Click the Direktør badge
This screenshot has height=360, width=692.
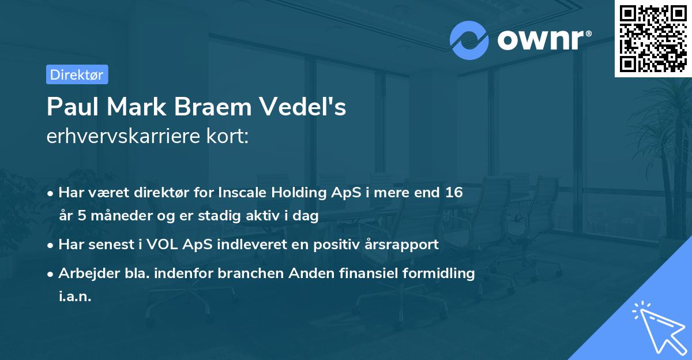[77, 74]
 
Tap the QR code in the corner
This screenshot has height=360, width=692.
[653, 39]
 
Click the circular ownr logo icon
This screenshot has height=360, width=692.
[469, 39]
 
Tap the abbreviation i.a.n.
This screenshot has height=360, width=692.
[75, 296]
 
